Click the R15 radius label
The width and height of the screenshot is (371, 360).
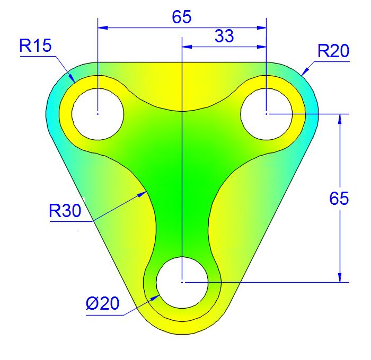coord(36,46)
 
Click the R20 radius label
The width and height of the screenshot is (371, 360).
coord(333,51)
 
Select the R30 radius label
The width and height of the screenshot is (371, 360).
coord(65,211)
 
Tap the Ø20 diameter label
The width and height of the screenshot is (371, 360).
coord(102,303)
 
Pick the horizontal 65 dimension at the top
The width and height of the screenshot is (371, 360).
coord(182,17)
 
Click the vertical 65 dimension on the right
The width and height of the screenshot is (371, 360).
coord(339,199)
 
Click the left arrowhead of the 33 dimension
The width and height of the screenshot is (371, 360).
coord(187,47)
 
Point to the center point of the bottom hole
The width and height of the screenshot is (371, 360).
coord(182,282)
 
